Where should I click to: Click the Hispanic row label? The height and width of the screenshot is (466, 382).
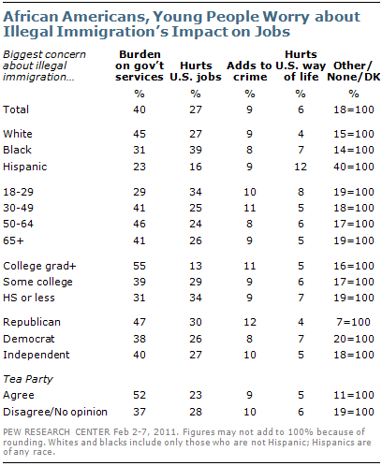[x=25, y=167]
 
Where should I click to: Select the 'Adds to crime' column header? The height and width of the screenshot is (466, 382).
[x=249, y=71]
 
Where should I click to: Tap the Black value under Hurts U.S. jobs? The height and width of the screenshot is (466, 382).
[x=196, y=150]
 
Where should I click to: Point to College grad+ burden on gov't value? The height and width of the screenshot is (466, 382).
[x=140, y=266]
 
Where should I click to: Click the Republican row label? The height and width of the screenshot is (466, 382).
[x=32, y=322]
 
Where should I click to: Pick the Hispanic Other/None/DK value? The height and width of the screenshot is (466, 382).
[x=354, y=167]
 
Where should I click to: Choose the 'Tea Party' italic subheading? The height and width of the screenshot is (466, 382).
[x=28, y=379]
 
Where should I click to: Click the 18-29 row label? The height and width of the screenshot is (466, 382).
[x=18, y=192]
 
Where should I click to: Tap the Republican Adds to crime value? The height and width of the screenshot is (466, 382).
[x=250, y=322]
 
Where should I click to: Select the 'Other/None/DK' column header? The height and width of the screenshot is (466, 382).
[x=353, y=71]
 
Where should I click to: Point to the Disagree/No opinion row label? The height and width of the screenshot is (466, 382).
[x=55, y=412]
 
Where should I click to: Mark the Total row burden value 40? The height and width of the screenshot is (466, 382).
[x=140, y=109]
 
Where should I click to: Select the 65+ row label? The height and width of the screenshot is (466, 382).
[x=13, y=240]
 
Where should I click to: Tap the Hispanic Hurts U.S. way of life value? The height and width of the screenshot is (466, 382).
[x=301, y=167]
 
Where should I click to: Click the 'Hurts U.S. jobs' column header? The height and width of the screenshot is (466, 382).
[x=196, y=71]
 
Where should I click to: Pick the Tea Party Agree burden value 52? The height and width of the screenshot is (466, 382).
[x=140, y=395]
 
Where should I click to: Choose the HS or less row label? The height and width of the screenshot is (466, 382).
[x=29, y=298]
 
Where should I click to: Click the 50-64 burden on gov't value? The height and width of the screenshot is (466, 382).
[x=140, y=224]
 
